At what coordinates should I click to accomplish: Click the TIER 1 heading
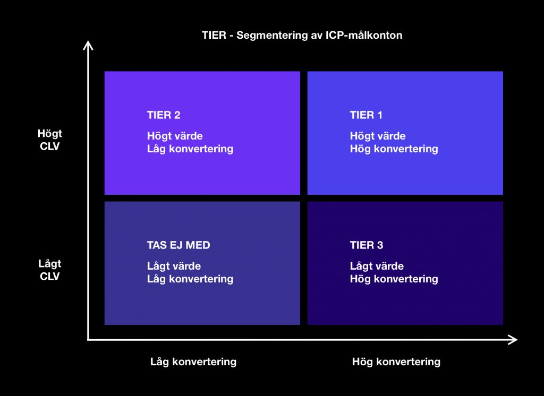click(366, 115)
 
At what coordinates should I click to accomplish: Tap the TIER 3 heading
click(367, 245)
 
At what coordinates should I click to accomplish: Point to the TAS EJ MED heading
click(178, 245)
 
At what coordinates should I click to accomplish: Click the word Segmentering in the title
click(270, 36)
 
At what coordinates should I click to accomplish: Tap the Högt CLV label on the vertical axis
click(50, 140)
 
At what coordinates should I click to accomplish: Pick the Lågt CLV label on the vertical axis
click(50, 270)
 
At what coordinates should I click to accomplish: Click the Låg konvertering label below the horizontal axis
click(193, 362)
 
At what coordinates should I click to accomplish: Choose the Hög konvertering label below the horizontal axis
click(396, 362)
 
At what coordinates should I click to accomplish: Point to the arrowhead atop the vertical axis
click(89, 46)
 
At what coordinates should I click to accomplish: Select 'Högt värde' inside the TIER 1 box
click(378, 136)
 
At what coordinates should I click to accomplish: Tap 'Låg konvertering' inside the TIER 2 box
click(190, 149)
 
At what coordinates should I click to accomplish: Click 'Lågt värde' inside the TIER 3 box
click(377, 266)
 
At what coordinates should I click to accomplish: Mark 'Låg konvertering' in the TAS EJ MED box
click(190, 279)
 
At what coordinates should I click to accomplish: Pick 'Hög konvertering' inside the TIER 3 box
click(394, 279)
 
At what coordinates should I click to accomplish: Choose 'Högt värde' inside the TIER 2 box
click(175, 136)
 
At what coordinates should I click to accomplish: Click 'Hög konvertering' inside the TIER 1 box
click(394, 149)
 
